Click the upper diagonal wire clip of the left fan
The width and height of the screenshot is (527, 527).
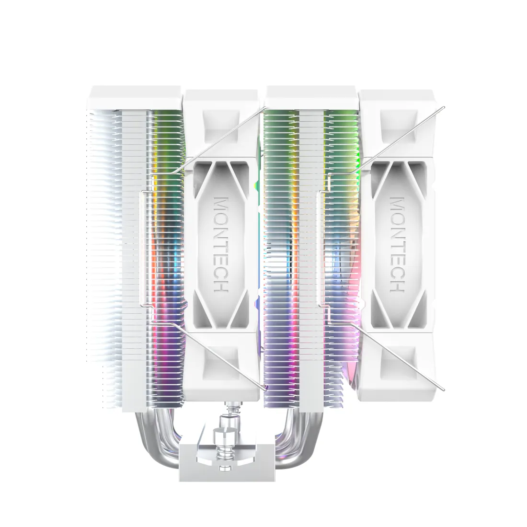220,139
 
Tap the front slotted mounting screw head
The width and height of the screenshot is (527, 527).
225,424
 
